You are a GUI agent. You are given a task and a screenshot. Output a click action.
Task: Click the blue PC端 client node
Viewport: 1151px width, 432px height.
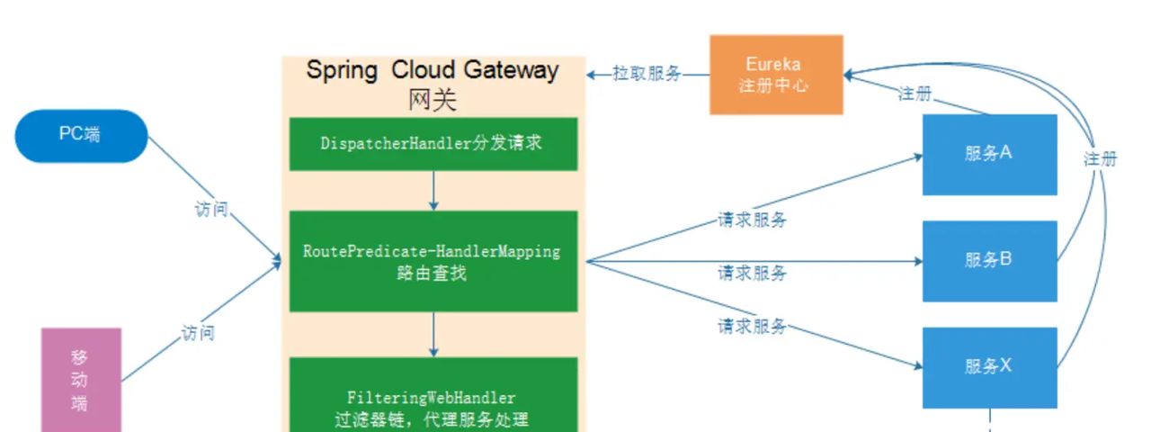(81, 136)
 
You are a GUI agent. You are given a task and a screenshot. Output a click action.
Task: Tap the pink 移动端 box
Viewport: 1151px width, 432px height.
(81, 379)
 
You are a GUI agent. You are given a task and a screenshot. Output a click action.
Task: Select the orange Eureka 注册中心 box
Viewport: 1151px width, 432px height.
(776, 75)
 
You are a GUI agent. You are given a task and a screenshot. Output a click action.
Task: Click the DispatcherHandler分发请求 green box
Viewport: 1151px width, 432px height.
(433, 143)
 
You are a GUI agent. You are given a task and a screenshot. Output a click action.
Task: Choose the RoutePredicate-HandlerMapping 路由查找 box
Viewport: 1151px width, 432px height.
(433, 262)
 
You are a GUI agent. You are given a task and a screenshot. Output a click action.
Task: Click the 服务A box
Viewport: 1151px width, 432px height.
(989, 154)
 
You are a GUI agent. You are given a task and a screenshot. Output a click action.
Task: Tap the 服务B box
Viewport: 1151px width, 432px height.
(989, 260)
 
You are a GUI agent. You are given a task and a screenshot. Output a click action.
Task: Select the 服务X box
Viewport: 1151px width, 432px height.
(989, 366)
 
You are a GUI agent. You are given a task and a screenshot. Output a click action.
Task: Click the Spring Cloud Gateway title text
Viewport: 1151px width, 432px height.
(433, 70)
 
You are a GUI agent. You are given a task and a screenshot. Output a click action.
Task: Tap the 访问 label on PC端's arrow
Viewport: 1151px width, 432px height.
(211, 210)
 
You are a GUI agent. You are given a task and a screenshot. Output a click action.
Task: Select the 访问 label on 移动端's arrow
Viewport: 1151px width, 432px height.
(198, 333)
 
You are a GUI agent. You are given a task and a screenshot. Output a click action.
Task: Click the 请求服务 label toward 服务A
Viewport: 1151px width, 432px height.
(752, 220)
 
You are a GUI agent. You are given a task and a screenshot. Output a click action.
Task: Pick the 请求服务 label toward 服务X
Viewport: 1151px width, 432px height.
(752, 326)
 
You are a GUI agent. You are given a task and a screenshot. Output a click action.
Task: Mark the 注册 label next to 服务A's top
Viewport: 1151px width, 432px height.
(915, 94)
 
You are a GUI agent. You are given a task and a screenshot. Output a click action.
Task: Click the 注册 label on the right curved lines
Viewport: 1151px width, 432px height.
(1101, 159)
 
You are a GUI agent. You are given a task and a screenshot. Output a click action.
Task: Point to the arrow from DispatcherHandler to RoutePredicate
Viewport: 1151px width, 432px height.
(433, 190)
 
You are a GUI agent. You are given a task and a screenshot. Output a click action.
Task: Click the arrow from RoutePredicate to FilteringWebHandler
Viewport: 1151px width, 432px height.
(433, 334)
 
